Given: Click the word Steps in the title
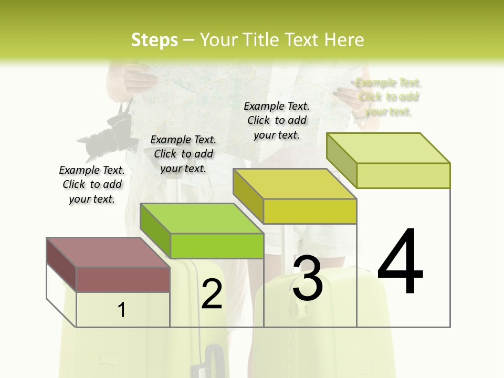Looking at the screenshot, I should click(154, 40).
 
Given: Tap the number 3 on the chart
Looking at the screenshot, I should click(308, 278).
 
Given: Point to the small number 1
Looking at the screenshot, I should click(122, 310).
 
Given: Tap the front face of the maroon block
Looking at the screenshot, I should click(123, 279).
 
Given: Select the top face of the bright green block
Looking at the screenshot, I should click(202, 218).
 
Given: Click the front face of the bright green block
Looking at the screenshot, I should click(217, 246).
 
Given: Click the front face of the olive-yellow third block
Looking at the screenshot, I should click(310, 211).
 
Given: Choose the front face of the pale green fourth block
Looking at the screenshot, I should click(403, 175).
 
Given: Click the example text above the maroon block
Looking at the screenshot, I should click(92, 184).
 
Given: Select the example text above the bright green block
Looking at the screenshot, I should click(183, 154).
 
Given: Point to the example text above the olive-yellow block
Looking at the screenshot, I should click(277, 120).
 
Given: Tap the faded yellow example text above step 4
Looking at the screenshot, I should click(388, 97).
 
